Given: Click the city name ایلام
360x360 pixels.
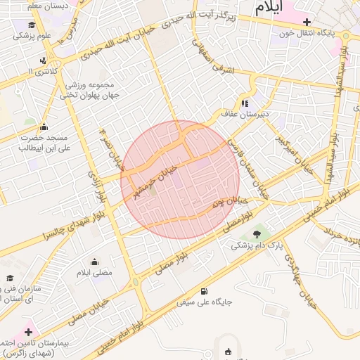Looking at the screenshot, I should [x=269, y=8].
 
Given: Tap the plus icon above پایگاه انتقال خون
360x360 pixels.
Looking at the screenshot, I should [x=307, y=22].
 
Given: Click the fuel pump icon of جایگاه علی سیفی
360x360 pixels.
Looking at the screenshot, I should [x=204, y=292].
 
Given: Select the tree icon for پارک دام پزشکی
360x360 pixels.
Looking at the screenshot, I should [x=256, y=234].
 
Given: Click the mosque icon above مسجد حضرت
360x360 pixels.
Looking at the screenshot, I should [x=45, y=127].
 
